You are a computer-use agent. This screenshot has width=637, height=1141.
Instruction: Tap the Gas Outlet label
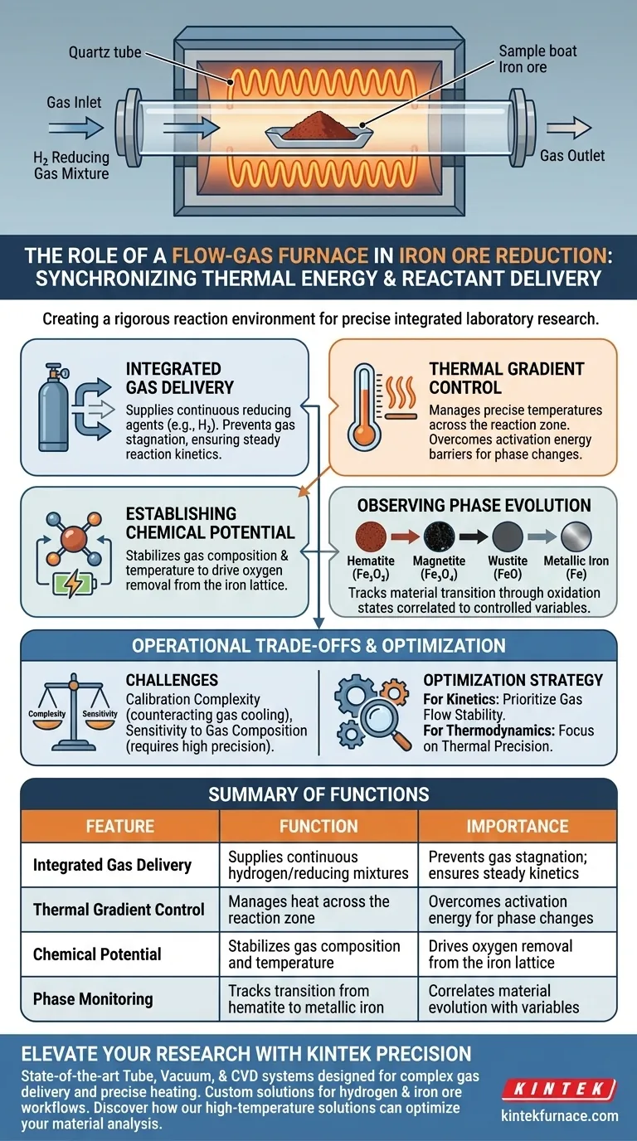[x=572, y=155]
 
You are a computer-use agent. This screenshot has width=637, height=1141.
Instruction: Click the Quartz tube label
[x=105, y=54]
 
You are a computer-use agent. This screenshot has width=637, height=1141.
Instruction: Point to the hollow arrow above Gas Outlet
[x=568, y=129]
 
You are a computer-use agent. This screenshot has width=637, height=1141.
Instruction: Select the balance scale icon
[x=70, y=707]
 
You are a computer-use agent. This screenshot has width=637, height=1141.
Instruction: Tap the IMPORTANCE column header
[x=517, y=826]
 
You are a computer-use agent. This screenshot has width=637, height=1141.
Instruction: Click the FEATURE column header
[x=120, y=826]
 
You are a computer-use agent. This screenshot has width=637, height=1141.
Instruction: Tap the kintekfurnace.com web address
[x=560, y=1115]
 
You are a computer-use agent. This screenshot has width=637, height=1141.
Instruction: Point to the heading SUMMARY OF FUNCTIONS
[x=318, y=794]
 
